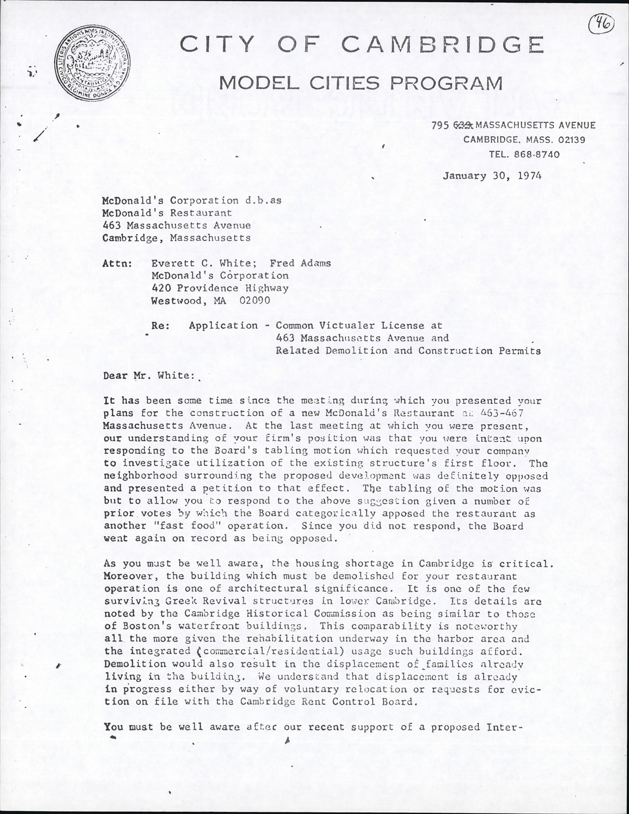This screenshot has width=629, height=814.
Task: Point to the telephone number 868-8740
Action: (537, 154)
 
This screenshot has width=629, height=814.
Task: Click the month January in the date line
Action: (465, 176)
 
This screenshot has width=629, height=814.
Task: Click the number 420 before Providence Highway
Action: (161, 288)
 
